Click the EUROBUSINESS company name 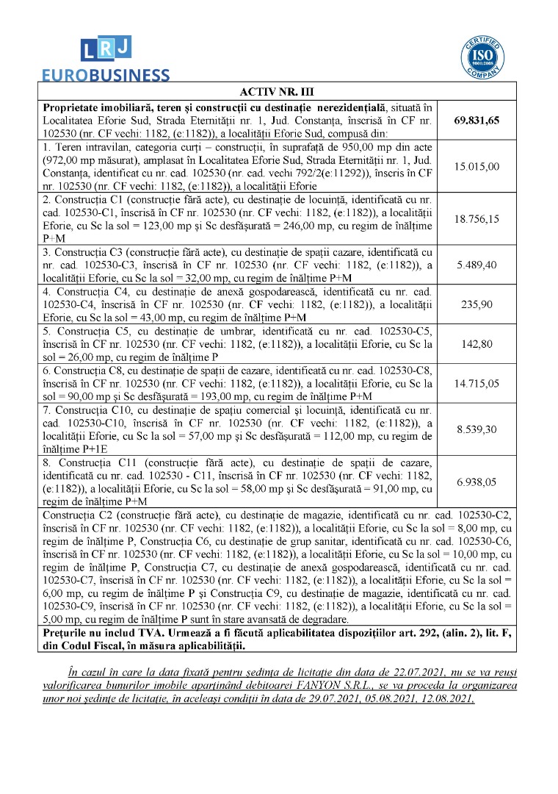click(105, 74)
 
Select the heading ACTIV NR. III click(277, 92)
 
